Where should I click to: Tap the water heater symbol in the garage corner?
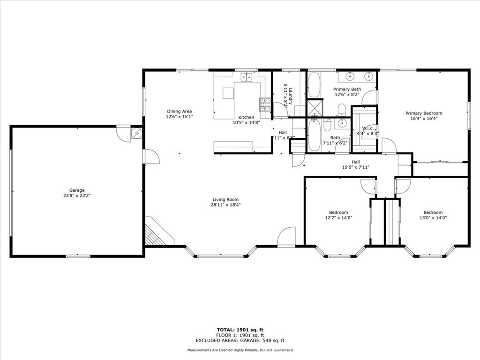pyautogui.click(x=137, y=133)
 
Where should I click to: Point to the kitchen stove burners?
pyautogui.click(x=265, y=105)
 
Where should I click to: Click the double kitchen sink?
pyautogui.click(x=246, y=77)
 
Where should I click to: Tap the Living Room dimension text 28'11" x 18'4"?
pyautogui.click(x=225, y=205)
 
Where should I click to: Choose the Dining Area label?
pyautogui.click(x=180, y=111)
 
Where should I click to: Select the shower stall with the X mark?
pyautogui.click(x=315, y=107)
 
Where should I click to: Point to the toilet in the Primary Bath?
pyautogui.click(x=342, y=110)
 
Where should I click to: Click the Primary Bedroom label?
pyautogui.click(x=423, y=113)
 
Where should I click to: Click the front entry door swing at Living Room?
pyautogui.click(x=286, y=237)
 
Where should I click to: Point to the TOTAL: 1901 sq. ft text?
pyautogui.click(x=240, y=330)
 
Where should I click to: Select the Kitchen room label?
pyautogui.click(x=246, y=117)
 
